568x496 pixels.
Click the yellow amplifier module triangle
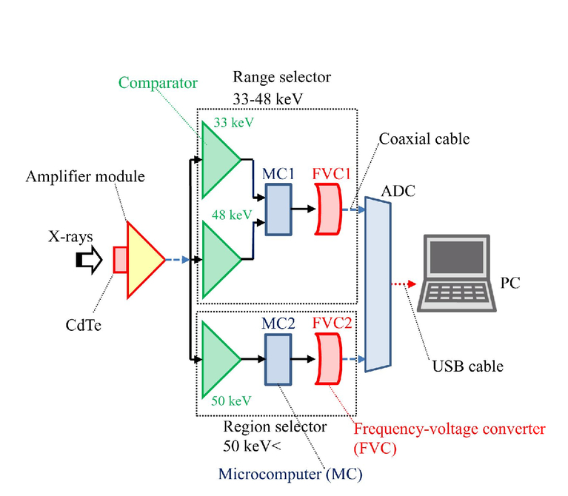[142, 260]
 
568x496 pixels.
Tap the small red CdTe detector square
[120, 260]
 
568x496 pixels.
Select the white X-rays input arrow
[89, 260]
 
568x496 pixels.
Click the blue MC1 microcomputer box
[278, 210]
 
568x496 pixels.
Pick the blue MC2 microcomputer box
[278, 359]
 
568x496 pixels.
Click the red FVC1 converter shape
[328, 210]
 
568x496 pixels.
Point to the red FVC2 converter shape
[328, 359]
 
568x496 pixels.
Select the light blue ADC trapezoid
[378, 284]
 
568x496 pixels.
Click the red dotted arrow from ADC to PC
[404, 284]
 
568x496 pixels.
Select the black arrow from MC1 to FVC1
[304, 209]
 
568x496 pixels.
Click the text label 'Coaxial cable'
[424, 139]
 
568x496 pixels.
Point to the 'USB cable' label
[468, 366]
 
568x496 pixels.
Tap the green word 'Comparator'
[158, 83]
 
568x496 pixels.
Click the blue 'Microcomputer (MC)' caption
[290, 474]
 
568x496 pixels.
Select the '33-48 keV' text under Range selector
[267, 99]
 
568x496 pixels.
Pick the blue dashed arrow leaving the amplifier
[178, 260]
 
